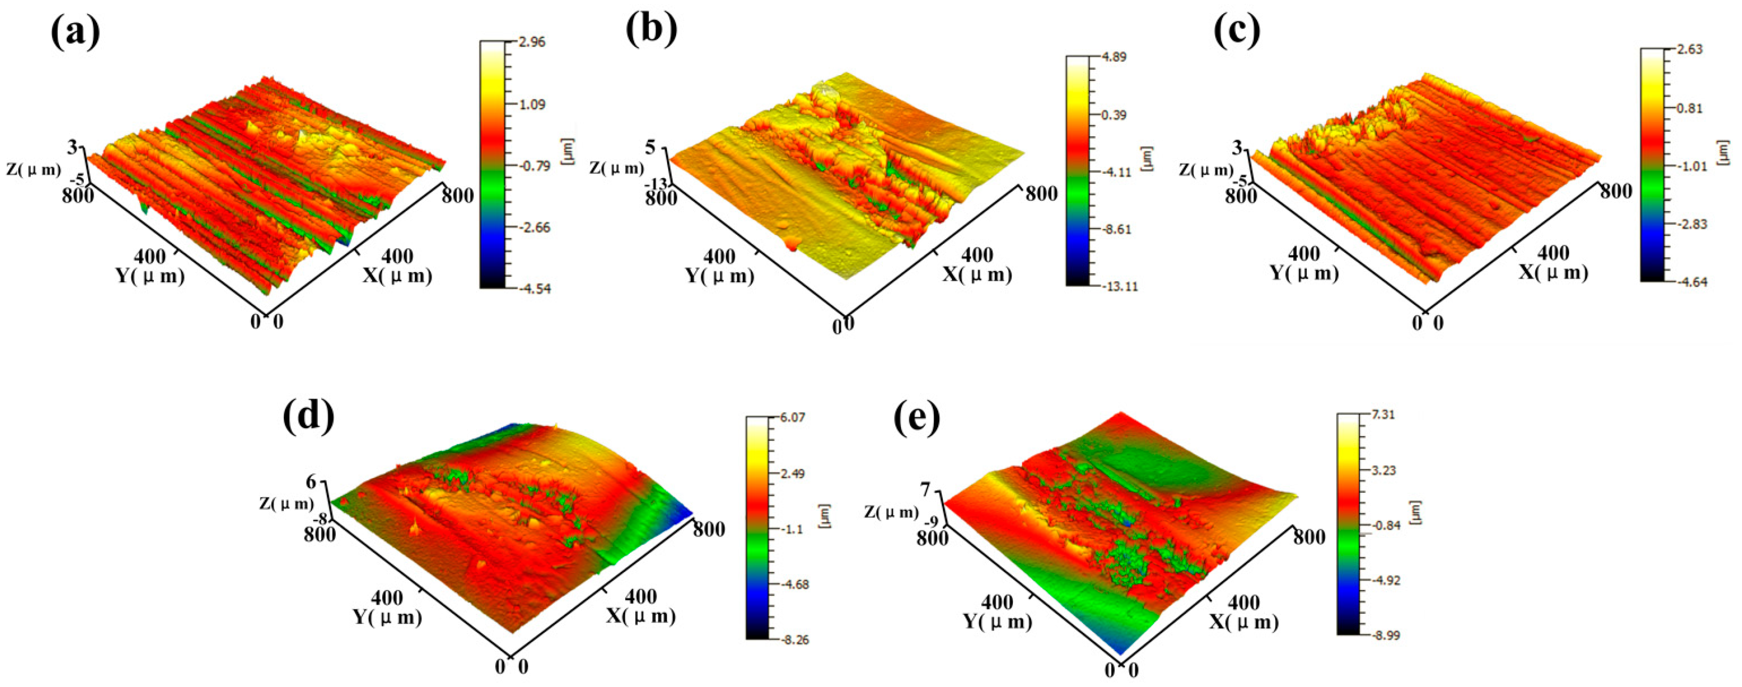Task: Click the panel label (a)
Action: tap(75, 32)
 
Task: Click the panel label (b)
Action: tap(651, 30)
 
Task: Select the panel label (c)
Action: tap(1237, 30)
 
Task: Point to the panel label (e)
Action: tap(917, 417)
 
